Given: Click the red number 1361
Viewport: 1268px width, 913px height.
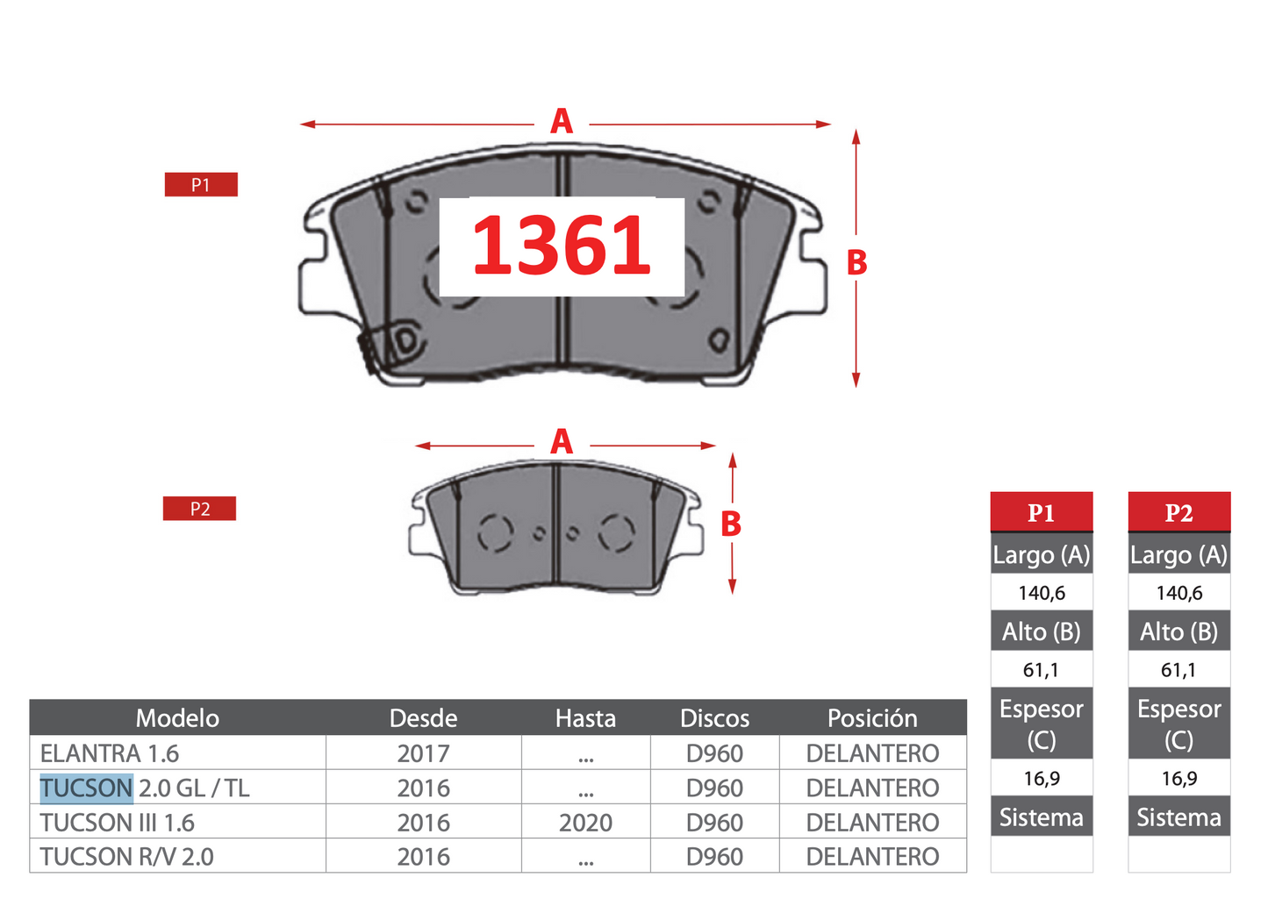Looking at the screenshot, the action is point(561,246).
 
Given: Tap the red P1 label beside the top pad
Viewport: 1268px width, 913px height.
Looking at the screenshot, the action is point(201,184).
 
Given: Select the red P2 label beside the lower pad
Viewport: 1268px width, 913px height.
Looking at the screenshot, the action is point(199,509).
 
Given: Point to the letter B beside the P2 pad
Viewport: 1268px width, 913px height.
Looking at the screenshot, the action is point(731,524).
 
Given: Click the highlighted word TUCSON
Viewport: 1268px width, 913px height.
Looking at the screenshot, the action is point(86,788).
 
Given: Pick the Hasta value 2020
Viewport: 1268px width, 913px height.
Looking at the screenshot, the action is point(585,823).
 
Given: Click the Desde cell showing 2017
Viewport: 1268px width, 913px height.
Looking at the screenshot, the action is point(423,753).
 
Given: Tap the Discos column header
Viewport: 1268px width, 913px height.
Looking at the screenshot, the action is point(714,718).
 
